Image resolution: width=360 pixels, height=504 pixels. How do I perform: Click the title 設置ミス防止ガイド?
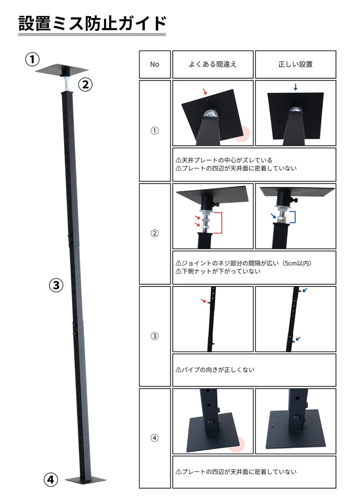[x=92, y=23]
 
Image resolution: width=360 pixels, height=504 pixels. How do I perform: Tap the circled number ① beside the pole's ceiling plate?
[x=32, y=60]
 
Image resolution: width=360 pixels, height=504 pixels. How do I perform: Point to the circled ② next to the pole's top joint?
[x=85, y=85]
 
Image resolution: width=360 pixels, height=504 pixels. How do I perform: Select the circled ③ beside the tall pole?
[x=56, y=285]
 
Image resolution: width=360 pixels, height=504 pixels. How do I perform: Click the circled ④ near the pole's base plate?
[x=51, y=480]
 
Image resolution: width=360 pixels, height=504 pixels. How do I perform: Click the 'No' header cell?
[x=155, y=64]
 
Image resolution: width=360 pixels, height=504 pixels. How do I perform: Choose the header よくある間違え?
[x=213, y=64]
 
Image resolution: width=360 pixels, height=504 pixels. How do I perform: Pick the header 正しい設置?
[x=295, y=64]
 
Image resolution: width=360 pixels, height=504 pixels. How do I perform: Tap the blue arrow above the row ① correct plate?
[x=295, y=87]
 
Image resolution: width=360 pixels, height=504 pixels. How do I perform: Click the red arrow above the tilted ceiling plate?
[x=205, y=92]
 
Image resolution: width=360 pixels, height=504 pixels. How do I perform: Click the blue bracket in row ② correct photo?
[x=292, y=217]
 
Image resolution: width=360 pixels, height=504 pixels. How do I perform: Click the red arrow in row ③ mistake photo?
[x=203, y=301]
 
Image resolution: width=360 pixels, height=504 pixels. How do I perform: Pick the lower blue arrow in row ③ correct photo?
[x=298, y=339]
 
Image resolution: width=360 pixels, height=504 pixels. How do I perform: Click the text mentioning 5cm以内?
[x=244, y=263]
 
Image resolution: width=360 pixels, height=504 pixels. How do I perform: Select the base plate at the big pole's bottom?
[x=86, y=480]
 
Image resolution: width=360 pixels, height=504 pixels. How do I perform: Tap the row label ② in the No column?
[x=155, y=233]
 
